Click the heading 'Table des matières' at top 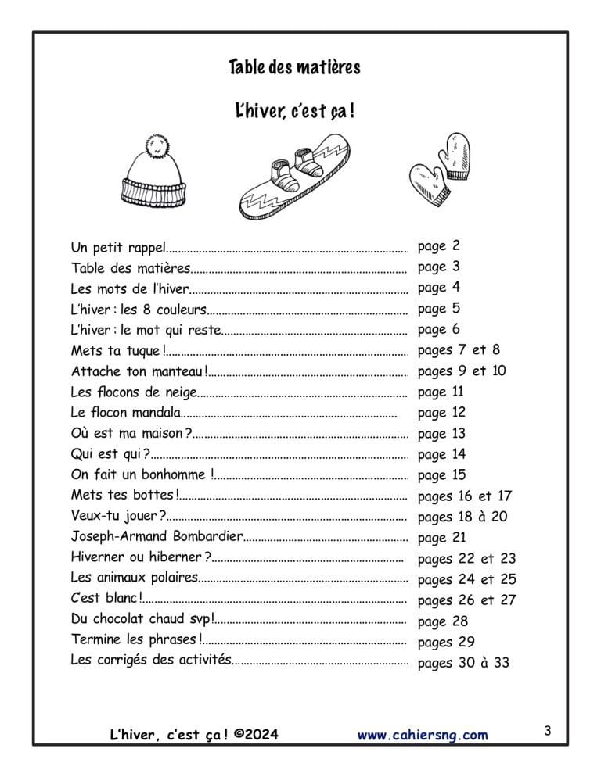[x=294, y=67]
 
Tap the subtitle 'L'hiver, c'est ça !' [x=294, y=111]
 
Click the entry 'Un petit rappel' [x=118, y=248]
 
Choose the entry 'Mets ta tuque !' [x=118, y=350]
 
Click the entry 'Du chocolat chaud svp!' [x=142, y=621]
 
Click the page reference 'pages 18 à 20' [x=462, y=517]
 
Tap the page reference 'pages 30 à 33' [x=463, y=663]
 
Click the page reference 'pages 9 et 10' [x=462, y=371]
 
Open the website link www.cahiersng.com [x=423, y=735]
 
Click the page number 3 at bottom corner [x=548, y=732]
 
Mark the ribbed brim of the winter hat [x=154, y=189]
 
